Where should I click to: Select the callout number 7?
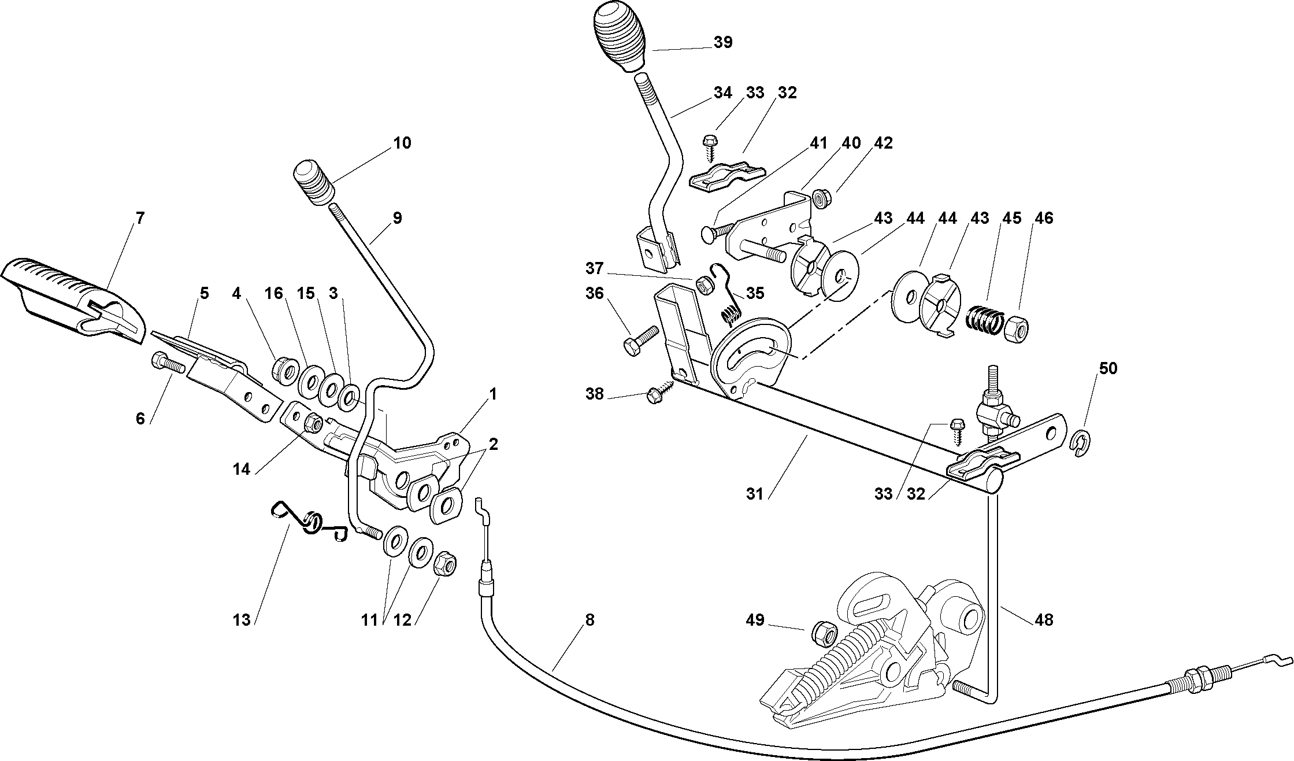pyautogui.click(x=140, y=219)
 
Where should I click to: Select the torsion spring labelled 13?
pyautogui.click(x=310, y=523)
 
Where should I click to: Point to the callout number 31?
pyautogui.click(x=755, y=494)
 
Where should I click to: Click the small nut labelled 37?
pyautogui.click(x=703, y=285)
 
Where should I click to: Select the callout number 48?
pyautogui.click(x=1044, y=620)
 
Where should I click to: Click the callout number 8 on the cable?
pyautogui.click(x=589, y=620)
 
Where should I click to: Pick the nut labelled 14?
pyautogui.click(x=313, y=423)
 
